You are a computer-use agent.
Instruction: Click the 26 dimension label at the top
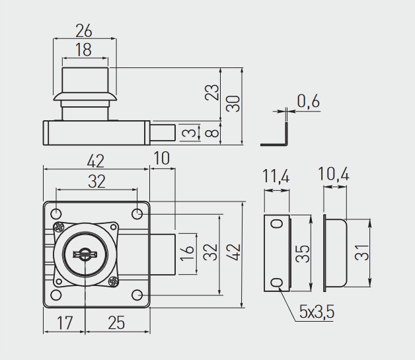coord(84,30)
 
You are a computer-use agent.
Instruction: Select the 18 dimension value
coord(84,50)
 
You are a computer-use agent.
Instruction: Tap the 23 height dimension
coord(212,92)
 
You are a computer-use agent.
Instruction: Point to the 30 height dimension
coord(233,104)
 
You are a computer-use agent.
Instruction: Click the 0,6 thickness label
coord(309,101)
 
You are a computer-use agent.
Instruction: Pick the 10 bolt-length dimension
coord(161,159)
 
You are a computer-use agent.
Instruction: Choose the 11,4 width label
coord(276,176)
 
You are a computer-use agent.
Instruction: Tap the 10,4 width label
coord(334,174)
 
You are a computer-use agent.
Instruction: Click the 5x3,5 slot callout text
coord(317,311)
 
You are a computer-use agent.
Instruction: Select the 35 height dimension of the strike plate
coord(303,254)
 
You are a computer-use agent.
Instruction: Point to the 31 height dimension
coord(361,252)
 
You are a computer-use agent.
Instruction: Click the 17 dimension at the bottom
coord(65,323)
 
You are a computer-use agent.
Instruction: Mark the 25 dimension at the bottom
coord(116,323)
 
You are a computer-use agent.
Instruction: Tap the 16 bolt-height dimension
coord(187,253)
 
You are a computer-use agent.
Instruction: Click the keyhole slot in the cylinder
coord(85,254)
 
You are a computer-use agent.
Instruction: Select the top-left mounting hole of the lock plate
coord(56,214)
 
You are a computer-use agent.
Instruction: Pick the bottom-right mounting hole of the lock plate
coord(137,295)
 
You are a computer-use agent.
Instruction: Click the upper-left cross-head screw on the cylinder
coord(58,227)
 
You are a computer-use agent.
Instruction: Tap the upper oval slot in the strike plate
coord(277,224)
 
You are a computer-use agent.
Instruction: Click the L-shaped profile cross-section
coord(286,134)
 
